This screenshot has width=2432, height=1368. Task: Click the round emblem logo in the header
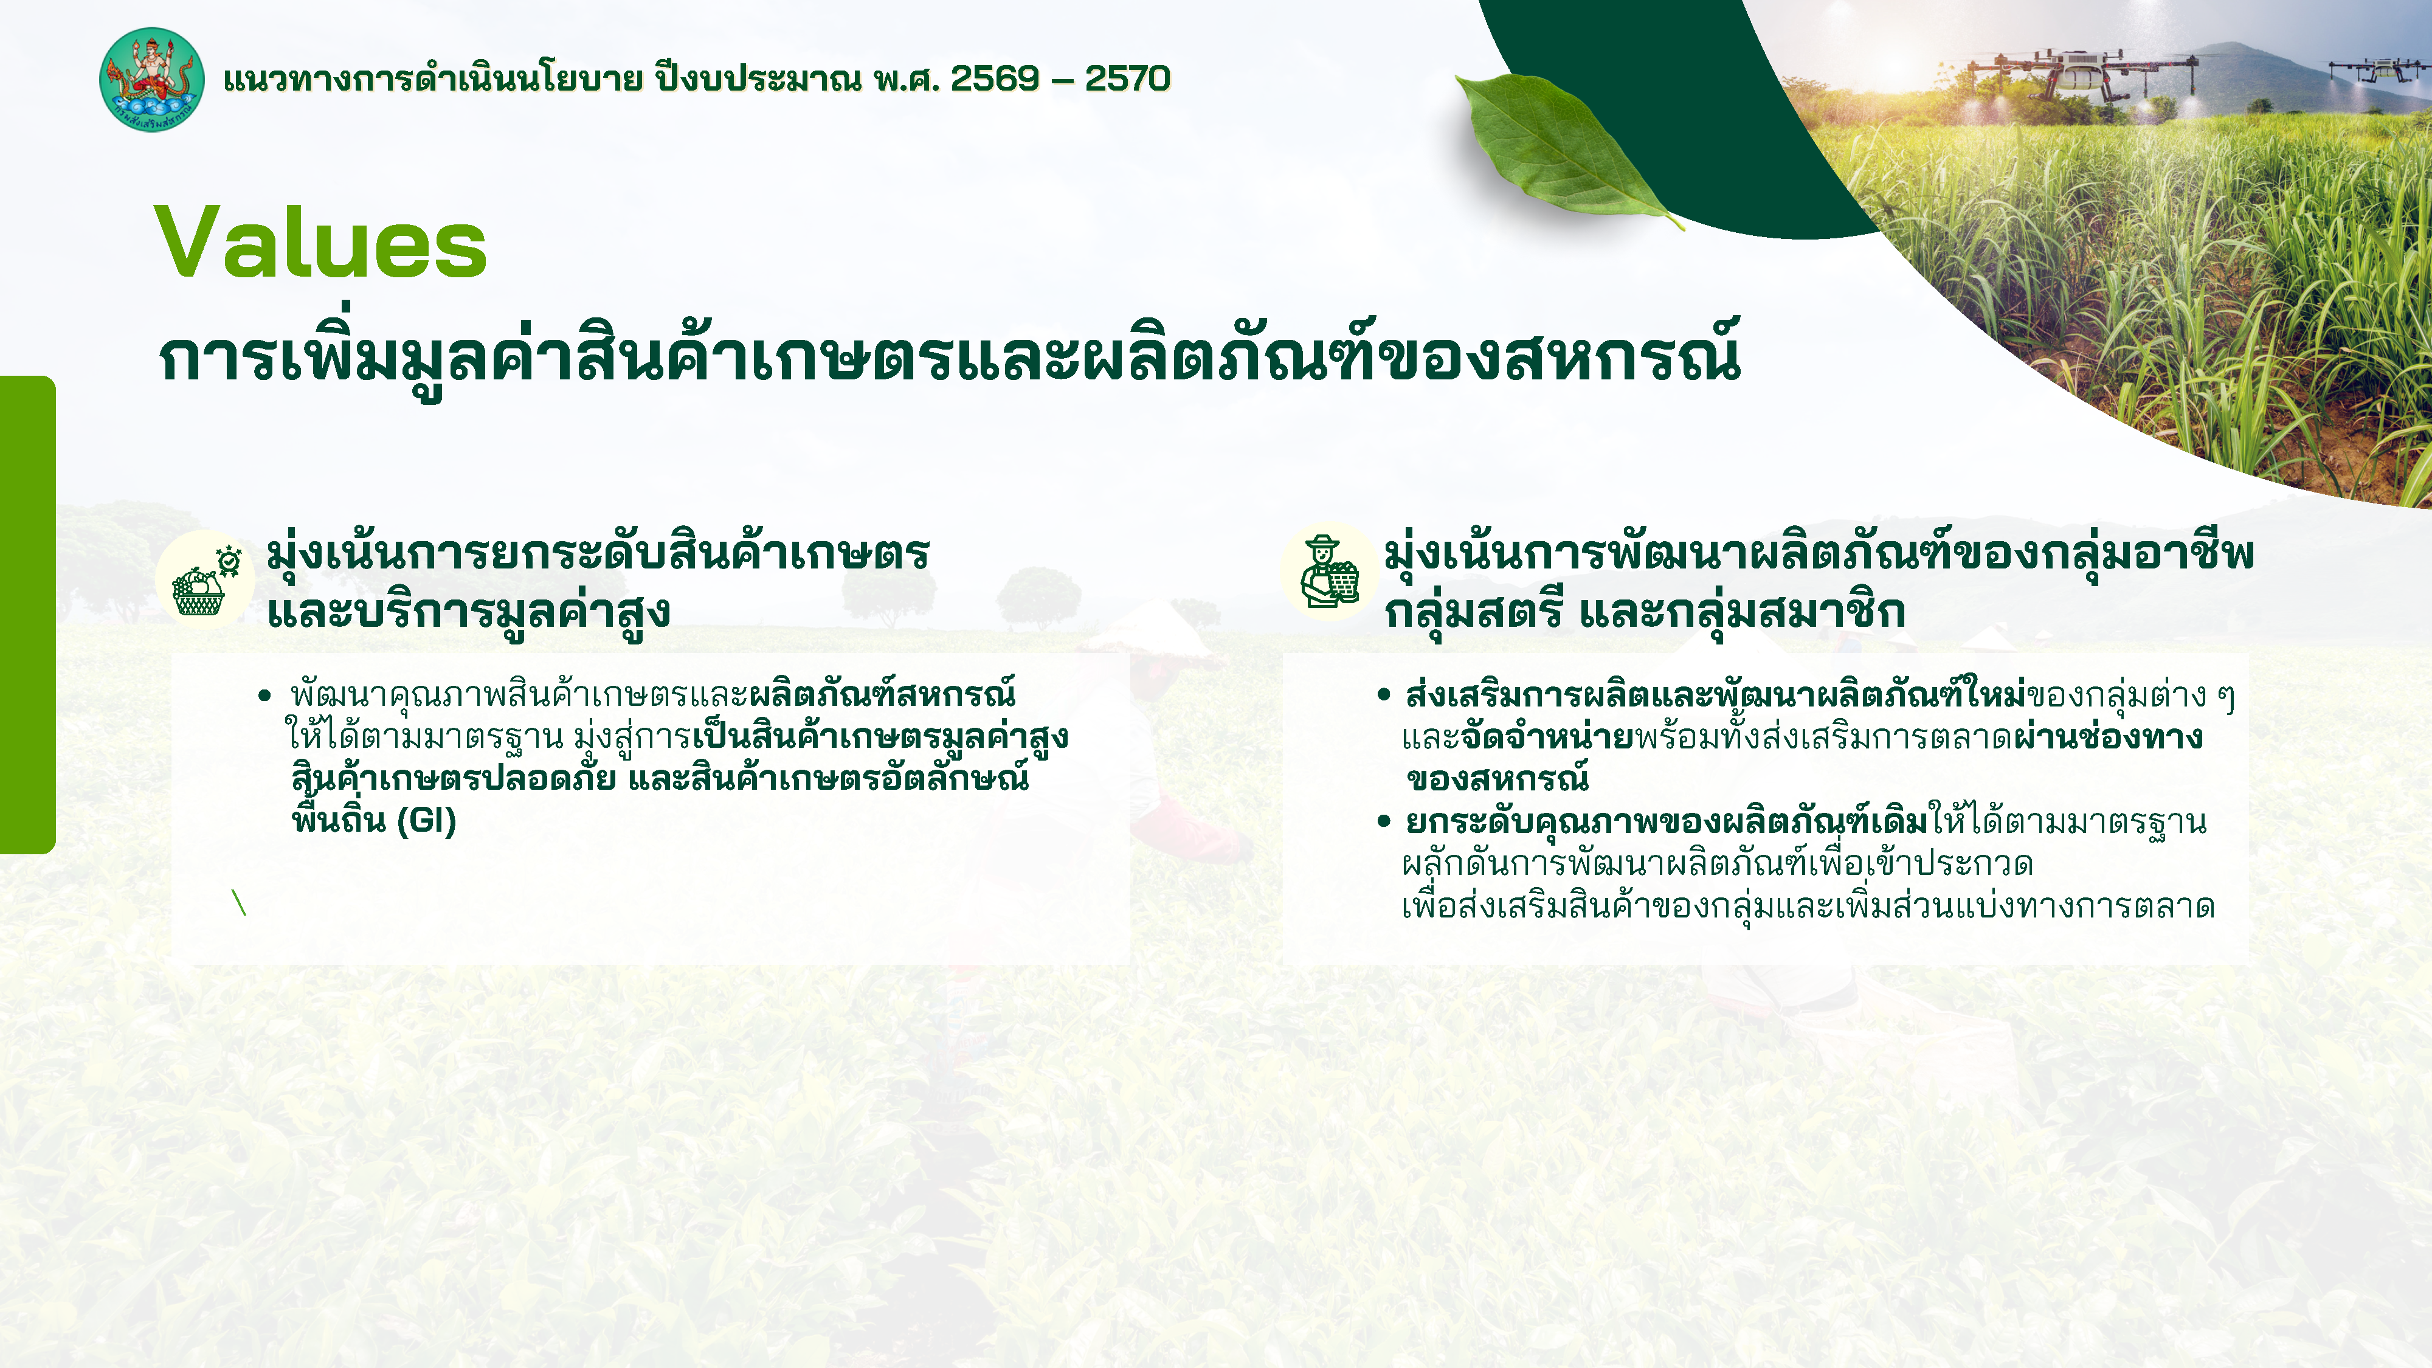151,79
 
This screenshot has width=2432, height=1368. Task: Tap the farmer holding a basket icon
1329,572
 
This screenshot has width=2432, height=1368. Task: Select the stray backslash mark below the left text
239,902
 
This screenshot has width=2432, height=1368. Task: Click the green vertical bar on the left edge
26,613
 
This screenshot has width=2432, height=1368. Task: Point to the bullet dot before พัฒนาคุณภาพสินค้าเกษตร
264,697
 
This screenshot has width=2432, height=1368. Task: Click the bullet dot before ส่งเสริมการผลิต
1384,696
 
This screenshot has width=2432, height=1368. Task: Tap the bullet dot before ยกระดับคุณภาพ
1384,821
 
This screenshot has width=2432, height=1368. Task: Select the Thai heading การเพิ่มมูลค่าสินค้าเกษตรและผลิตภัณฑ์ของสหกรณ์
949,357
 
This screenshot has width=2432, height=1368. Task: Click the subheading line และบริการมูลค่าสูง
469,612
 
